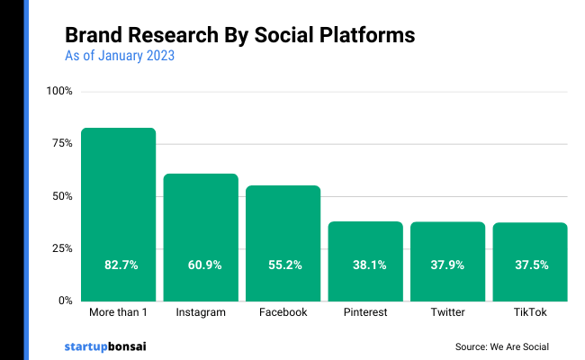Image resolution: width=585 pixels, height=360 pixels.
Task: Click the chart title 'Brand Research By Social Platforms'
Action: click(x=239, y=35)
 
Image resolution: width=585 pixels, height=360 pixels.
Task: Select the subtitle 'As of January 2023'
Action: click(x=120, y=57)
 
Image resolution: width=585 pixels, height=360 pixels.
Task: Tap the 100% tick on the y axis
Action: click(x=60, y=92)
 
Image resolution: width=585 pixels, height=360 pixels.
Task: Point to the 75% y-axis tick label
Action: click(x=62, y=144)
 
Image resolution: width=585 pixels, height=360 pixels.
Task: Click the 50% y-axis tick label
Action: click(x=62, y=196)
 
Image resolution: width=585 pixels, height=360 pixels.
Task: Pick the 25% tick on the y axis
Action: click(x=62, y=248)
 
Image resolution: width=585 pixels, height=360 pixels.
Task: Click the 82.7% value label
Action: click(x=118, y=265)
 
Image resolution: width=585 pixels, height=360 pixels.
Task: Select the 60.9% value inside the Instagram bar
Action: click(x=201, y=265)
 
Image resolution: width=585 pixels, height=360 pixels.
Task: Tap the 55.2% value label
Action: click(x=283, y=265)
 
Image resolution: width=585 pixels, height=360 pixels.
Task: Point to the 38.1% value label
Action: click(x=365, y=265)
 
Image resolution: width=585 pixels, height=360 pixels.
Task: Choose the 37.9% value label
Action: click(x=447, y=265)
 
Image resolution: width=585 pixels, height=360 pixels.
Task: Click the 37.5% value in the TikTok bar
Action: click(x=530, y=265)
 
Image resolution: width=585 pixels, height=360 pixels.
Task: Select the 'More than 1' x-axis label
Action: click(x=118, y=313)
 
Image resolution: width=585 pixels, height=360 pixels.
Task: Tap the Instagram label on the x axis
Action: click(x=201, y=313)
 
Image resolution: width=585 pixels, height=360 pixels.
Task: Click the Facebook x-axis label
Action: click(x=283, y=313)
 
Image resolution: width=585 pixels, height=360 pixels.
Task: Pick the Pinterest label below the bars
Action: click(x=365, y=313)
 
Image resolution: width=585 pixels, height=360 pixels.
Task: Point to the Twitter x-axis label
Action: click(x=447, y=313)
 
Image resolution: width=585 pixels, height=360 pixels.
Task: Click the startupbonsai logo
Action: click(x=104, y=346)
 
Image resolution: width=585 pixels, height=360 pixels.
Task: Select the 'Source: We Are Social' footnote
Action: click(x=502, y=346)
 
